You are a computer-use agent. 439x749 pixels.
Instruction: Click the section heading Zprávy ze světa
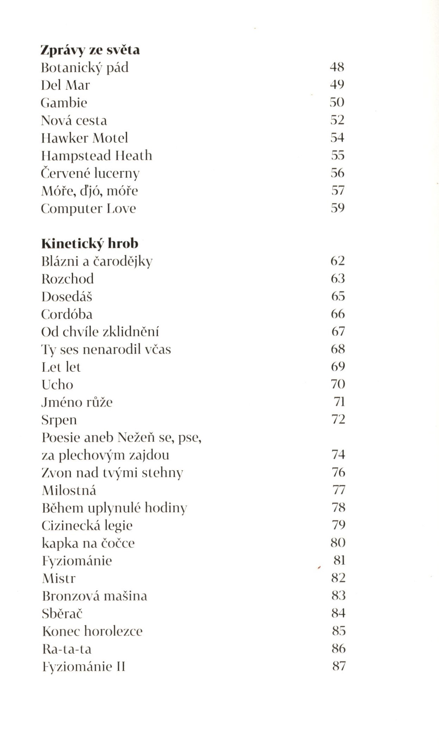(90, 50)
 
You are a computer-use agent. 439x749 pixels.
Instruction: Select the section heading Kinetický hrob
(90, 244)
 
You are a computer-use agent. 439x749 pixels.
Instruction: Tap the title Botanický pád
(85, 68)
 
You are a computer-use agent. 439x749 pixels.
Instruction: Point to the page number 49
(337, 85)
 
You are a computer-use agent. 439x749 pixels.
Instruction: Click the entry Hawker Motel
(85, 138)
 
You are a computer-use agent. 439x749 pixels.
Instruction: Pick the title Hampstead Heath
(97, 155)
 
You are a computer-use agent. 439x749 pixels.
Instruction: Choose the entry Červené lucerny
(90, 173)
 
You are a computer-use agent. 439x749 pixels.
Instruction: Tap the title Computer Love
(88, 208)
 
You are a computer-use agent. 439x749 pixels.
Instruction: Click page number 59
(337, 208)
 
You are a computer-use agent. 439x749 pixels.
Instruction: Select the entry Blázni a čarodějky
(97, 261)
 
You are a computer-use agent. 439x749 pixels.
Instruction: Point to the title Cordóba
(67, 314)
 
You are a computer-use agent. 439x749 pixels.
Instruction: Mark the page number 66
(338, 313)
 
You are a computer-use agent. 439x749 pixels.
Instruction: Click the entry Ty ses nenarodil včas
(106, 349)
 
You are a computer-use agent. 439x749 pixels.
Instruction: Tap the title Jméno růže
(77, 402)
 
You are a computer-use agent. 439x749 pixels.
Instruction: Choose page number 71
(339, 401)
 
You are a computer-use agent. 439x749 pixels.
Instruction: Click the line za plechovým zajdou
(105, 455)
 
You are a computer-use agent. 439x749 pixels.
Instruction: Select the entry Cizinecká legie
(87, 525)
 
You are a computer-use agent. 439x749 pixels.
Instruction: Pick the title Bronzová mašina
(94, 596)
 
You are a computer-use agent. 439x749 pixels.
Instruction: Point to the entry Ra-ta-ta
(67, 649)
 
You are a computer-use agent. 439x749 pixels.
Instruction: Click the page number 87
(339, 666)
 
